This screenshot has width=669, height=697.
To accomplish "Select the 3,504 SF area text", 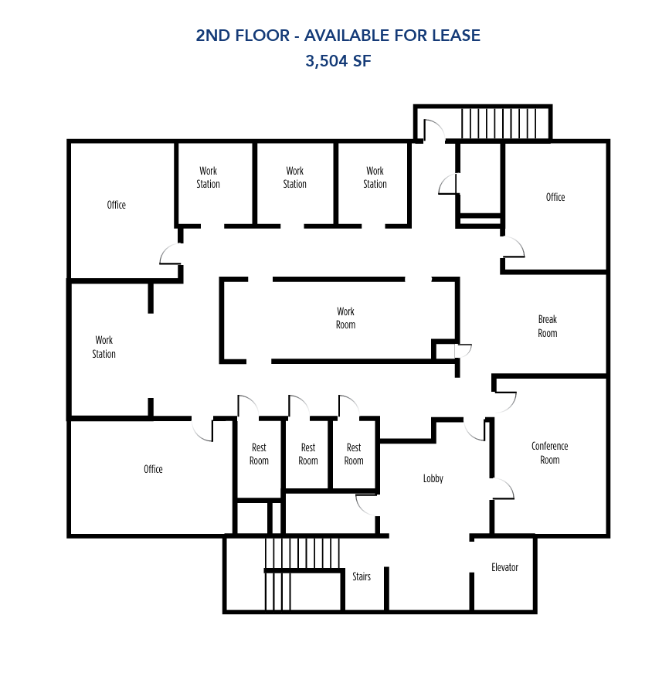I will click(338, 62).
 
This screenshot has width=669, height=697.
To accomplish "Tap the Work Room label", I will click(345, 318).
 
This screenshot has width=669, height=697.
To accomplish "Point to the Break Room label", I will click(547, 326).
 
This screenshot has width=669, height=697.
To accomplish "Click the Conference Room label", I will click(549, 453).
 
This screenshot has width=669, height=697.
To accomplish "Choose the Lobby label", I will click(433, 479).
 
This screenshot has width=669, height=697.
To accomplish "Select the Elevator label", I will click(504, 567).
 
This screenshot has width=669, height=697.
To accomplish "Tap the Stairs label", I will click(361, 576).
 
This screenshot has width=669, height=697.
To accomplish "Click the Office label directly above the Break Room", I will click(555, 197).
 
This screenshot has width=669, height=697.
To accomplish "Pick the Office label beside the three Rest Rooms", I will click(153, 469).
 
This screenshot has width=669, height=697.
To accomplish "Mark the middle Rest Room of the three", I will click(307, 454).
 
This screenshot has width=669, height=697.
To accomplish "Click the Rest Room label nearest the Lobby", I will click(353, 454).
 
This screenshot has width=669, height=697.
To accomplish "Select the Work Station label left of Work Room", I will click(104, 347).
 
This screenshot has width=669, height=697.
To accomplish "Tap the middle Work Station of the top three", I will click(294, 178).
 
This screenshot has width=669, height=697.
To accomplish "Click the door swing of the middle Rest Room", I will click(299, 406).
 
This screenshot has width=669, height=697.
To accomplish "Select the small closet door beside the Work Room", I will click(463, 351).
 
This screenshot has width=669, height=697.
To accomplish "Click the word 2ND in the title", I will click(212, 36).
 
